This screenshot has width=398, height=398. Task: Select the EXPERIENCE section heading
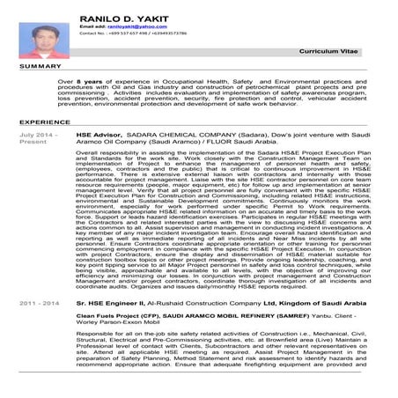pos(45,121)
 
